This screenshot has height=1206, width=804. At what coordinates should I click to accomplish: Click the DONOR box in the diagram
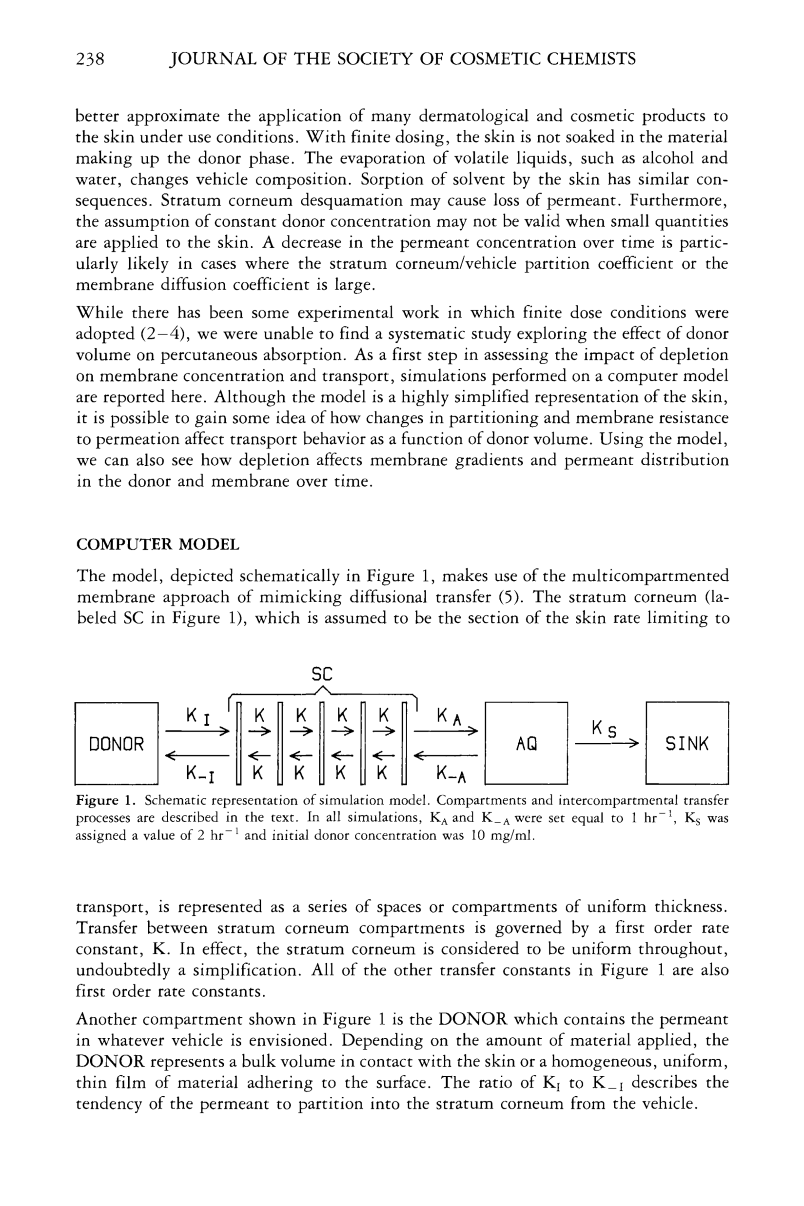tap(117, 744)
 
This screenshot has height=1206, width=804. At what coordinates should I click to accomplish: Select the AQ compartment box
tap(526, 744)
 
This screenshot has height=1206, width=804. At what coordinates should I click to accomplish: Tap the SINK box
tap(687, 744)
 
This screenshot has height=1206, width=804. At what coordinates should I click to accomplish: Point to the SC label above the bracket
tap(322, 674)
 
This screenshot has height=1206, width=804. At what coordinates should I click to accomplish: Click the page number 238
tap(90, 59)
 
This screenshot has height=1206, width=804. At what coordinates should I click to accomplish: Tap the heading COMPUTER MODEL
tap(157, 545)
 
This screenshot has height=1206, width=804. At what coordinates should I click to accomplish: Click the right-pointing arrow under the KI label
tap(197, 731)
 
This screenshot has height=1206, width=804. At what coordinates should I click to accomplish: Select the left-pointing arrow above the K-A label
tap(446, 755)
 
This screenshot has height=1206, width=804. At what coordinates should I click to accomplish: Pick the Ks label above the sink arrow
tap(604, 728)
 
